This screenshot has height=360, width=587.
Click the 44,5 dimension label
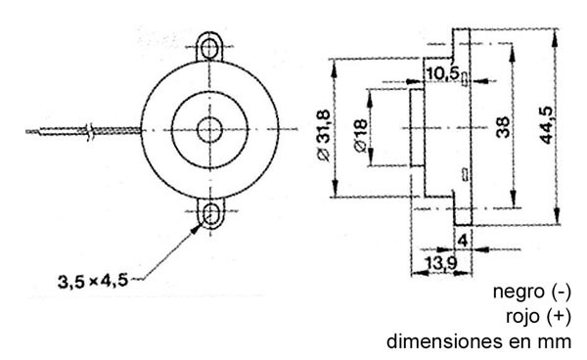tap(547, 125)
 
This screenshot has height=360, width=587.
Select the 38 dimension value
tap(503, 127)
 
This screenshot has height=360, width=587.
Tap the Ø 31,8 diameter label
tap(323, 135)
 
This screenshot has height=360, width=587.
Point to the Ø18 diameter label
tap(360, 136)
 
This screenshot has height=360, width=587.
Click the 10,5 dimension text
tap(443, 73)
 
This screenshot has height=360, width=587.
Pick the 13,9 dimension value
tap(442, 263)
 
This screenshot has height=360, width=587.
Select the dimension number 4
tap(463, 241)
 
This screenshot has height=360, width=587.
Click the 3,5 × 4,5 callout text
tap(93, 281)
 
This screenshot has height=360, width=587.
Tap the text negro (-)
tap(532, 292)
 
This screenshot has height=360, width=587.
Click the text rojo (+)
tap(539, 316)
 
